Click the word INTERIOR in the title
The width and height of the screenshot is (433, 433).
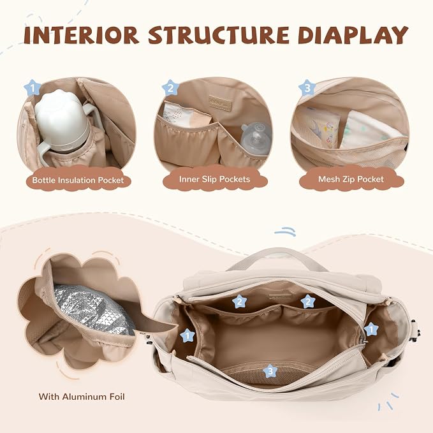point(81,35)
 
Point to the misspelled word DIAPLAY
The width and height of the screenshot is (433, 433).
point(353,35)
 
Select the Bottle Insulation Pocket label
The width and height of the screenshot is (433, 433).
point(78,180)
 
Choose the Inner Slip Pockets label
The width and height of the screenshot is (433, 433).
point(214,179)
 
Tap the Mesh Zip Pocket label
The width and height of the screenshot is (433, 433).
point(351,179)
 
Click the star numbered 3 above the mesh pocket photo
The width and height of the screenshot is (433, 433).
point(307,88)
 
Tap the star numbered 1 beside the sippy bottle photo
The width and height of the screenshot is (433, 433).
point(33,88)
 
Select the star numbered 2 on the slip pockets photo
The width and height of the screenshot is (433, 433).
point(170,88)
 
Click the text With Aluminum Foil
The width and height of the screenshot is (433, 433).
point(82,397)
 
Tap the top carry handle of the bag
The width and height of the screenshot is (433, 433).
point(277,258)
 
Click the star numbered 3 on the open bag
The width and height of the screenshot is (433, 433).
point(270,371)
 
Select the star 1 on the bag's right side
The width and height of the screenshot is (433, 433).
point(371,329)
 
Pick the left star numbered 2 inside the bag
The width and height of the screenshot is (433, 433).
point(239,301)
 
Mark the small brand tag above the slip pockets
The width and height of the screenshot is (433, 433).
point(221,103)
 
